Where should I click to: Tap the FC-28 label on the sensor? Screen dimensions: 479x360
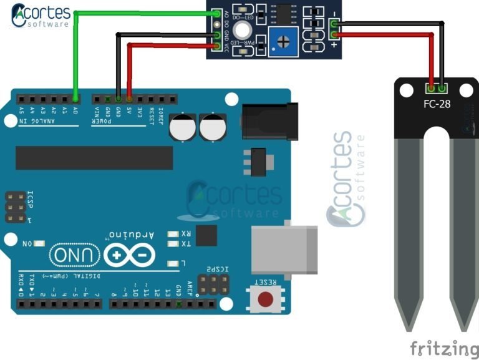coord(437,104)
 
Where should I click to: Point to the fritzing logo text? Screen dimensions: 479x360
coord(443,347)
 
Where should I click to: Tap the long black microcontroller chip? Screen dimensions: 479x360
coord(94,158)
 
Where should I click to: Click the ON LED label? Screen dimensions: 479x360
coord(27,243)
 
